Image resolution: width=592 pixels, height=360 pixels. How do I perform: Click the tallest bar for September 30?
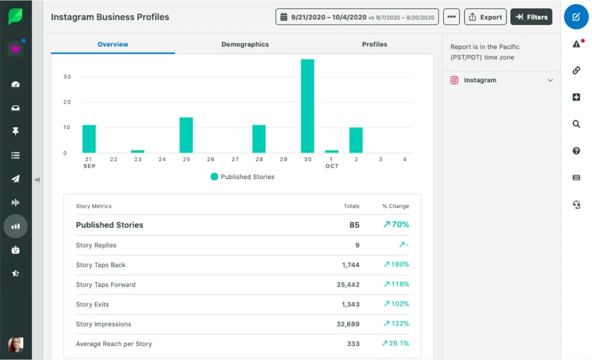pyautogui.click(x=307, y=106)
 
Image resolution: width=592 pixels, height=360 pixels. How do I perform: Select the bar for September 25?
pyautogui.click(x=186, y=135)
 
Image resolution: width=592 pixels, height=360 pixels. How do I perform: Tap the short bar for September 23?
pyautogui.click(x=138, y=151)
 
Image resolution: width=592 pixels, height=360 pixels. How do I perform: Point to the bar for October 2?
pyautogui.click(x=356, y=140)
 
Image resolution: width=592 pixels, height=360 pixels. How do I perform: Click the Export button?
pyautogui.click(x=485, y=17)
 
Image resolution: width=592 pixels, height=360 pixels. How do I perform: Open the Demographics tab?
pyautogui.click(x=245, y=44)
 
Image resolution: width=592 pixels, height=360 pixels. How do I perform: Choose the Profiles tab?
pyautogui.click(x=374, y=44)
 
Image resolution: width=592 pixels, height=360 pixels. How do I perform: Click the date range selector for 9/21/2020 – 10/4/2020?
pyautogui.click(x=357, y=17)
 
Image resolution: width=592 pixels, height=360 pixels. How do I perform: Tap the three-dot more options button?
pyautogui.click(x=451, y=17)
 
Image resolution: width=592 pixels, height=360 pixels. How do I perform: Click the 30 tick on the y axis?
pyautogui.click(x=67, y=77)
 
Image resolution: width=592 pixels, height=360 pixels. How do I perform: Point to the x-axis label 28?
pyautogui.click(x=259, y=159)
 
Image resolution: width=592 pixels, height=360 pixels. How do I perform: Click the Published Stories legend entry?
pyautogui.click(x=242, y=177)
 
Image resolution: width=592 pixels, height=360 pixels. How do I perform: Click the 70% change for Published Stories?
pyautogui.click(x=396, y=225)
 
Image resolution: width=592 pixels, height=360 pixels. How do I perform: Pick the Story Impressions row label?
pyautogui.click(x=104, y=324)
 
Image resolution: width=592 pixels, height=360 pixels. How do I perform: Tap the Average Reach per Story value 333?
pyautogui.click(x=353, y=344)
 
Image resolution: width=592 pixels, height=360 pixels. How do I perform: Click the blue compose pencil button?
pyautogui.click(x=576, y=17)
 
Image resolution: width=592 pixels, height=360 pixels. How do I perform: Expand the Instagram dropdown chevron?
pyautogui.click(x=551, y=80)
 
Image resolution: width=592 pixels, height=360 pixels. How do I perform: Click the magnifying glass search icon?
pyautogui.click(x=576, y=124)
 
